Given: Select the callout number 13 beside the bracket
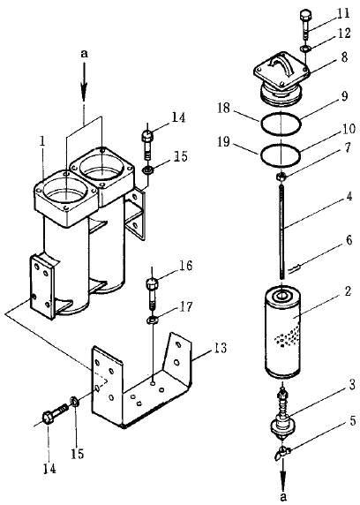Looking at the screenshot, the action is [x=219, y=349].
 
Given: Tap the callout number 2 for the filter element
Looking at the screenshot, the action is [x=347, y=291].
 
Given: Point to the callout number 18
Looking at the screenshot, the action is [x=223, y=108].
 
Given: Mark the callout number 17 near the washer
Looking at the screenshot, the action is [x=185, y=306].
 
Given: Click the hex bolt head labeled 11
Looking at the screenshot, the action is [x=304, y=16].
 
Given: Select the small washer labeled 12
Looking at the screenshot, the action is [x=304, y=49].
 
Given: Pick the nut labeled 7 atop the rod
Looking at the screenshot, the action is [x=281, y=176].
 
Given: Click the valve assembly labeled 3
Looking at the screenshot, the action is [x=281, y=416].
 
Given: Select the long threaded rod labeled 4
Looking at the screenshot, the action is [x=281, y=230].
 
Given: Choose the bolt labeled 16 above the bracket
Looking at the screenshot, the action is [x=152, y=293].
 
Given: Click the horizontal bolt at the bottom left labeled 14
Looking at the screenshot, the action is [x=55, y=414].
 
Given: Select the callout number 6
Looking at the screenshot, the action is [x=348, y=240].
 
